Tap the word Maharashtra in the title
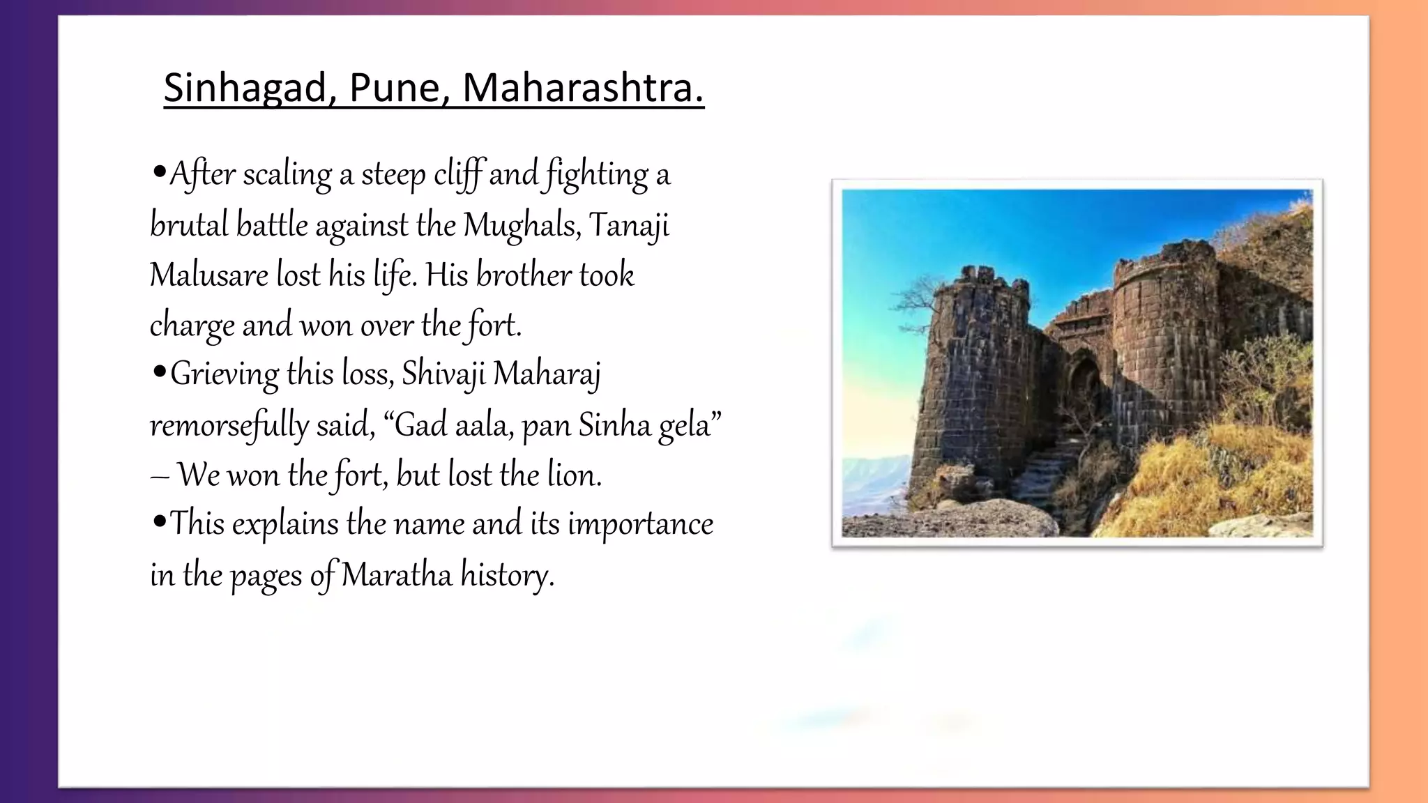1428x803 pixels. click(x=583, y=89)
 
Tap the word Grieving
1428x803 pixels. click(x=225, y=374)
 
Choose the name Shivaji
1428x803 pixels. click(x=443, y=374)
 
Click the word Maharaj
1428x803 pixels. click(x=547, y=374)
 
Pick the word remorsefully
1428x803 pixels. click(x=229, y=425)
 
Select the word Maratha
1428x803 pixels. click(x=396, y=576)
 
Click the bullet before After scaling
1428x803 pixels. click(x=159, y=171)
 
